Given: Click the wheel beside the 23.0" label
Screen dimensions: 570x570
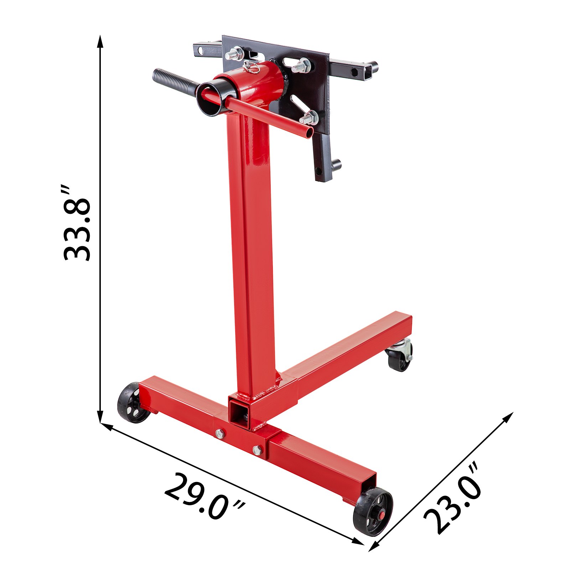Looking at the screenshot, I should (373, 512).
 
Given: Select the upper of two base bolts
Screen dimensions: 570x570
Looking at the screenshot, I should (220, 433).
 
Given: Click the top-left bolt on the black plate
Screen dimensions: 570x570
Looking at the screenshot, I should (234, 53).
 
